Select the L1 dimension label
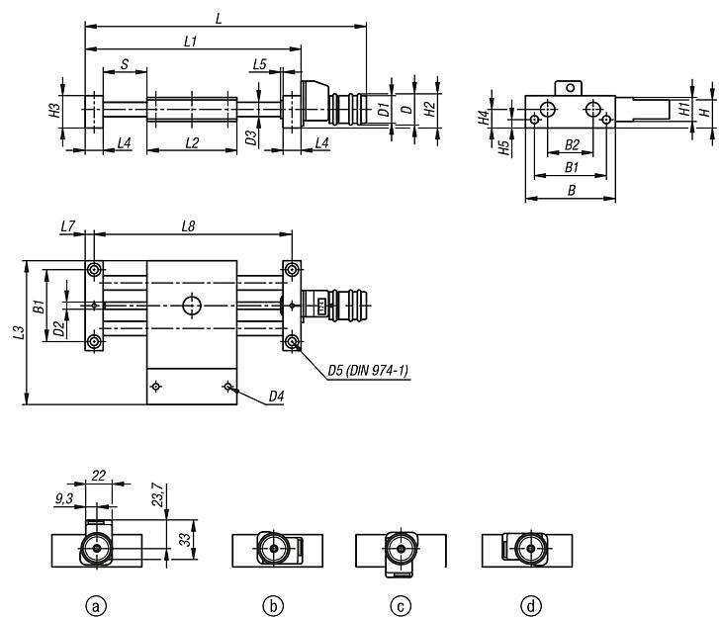pos(191,41)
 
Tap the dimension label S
pos(124,64)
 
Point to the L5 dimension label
pos(260,63)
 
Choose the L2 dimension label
pos(191,143)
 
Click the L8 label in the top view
pos(188,227)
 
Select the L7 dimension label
pos(67,227)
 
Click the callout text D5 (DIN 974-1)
pos(368,371)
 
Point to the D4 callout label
pos(277,398)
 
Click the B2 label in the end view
pos(571,145)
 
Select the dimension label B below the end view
pos(571,192)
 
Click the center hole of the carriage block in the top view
pos(191,306)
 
